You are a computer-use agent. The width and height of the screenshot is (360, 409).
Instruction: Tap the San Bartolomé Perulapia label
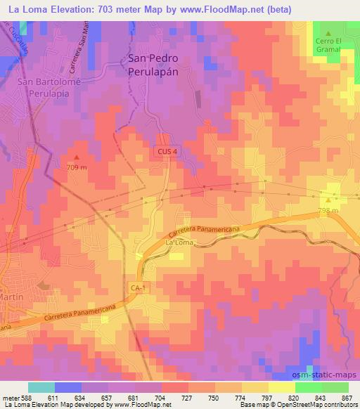44,87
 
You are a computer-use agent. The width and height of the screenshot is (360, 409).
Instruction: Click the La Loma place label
179,242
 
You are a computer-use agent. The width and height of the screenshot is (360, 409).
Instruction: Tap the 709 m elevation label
77,167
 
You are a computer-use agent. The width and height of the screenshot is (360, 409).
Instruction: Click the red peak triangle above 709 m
77,157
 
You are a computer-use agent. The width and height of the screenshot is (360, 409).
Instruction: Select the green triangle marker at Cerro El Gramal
328,32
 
